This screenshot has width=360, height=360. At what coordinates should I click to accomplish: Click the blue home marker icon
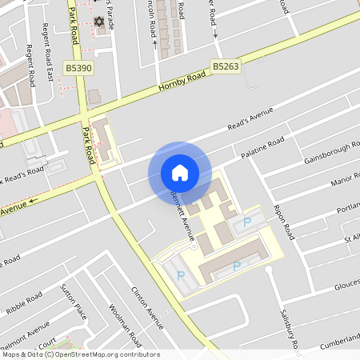pos(180,173)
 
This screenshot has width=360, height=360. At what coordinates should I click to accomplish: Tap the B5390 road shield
pos(80,69)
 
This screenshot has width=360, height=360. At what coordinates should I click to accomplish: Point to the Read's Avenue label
pos(250,118)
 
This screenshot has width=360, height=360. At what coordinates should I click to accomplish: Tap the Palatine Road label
pos(263,149)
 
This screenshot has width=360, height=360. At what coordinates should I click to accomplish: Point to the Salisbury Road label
pos(290,330)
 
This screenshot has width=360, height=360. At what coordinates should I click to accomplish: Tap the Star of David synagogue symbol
pos(99,21)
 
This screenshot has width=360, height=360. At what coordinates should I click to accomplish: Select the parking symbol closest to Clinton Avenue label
pos(180,275)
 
